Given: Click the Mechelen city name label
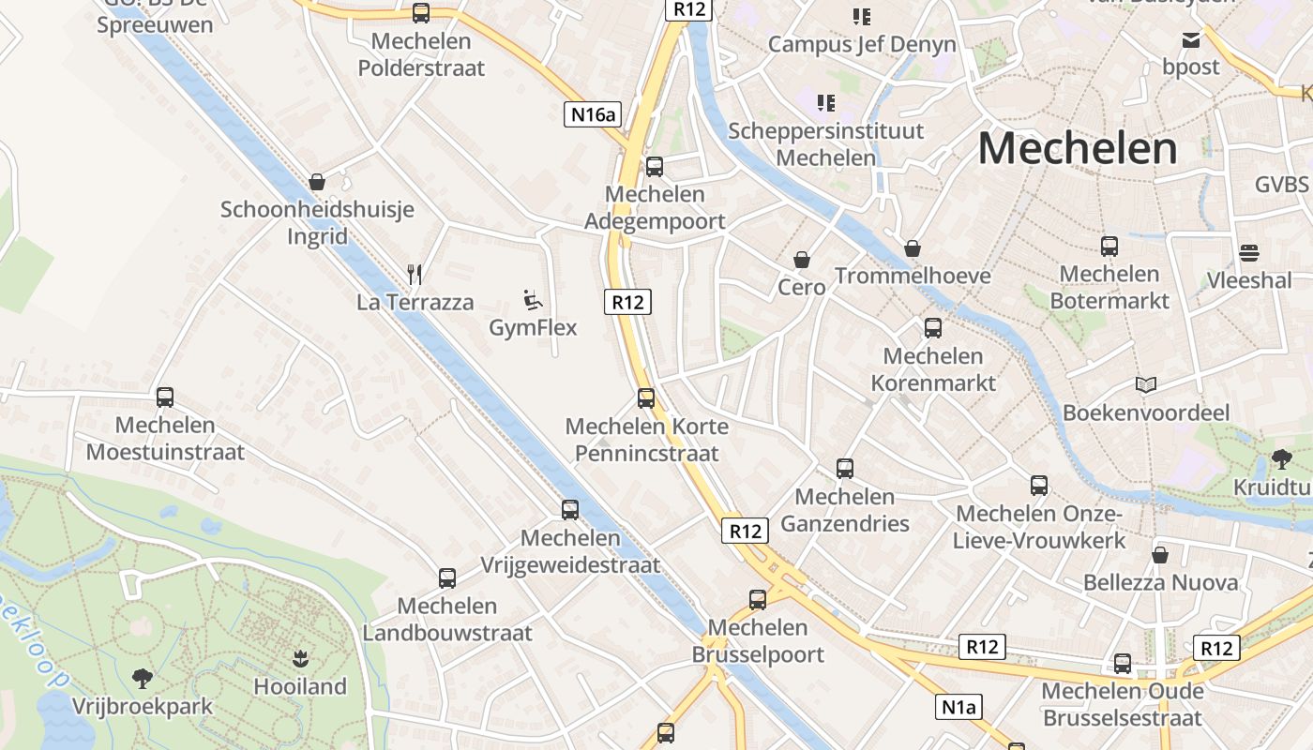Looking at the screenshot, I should (1077, 149).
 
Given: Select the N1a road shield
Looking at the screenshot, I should (959, 707).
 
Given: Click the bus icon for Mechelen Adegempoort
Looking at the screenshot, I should (655, 167).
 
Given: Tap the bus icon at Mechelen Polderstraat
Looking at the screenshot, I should (421, 13).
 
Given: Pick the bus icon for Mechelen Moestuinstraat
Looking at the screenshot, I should (165, 397).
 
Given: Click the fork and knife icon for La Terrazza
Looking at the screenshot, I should (415, 274).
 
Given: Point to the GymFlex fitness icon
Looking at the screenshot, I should (533, 300).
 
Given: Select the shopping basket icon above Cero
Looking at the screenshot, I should (802, 259).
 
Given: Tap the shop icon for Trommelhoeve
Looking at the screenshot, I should (913, 248).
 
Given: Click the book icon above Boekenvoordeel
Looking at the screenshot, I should (1145, 384).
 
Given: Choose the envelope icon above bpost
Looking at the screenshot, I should (1191, 39).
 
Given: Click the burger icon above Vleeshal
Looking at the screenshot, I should (1248, 252).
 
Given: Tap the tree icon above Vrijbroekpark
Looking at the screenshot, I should (143, 678).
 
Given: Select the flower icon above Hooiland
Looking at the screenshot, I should (300, 658).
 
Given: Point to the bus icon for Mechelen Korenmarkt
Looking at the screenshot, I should (933, 328).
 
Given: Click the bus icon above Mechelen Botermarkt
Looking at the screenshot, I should (1109, 247).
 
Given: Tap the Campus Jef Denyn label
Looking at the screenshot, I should (862, 44).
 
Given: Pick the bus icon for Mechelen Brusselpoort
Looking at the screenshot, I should (758, 600).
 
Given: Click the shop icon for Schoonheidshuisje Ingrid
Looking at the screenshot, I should (317, 181).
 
